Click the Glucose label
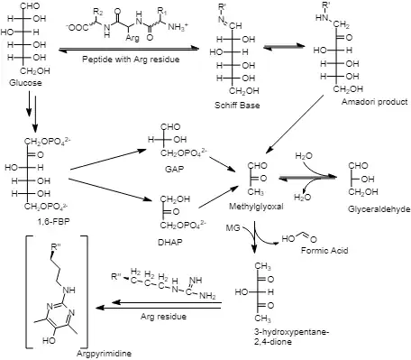tap(25, 83)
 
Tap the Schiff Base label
tap(237, 106)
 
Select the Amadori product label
tap(375, 102)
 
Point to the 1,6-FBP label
tap(53, 222)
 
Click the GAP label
tap(175, 169)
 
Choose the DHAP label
tap(170, 242)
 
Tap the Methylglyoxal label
tap(256, 207)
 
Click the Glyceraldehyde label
tap(379, 209)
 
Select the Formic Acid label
tap(324, 250)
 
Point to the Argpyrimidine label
tap(104, 353)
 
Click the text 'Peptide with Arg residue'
tap(131, 59)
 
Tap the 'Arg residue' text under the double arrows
tap(163, 317)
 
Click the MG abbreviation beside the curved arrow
tap(233, 228)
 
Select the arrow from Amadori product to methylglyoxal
tap(296, 123)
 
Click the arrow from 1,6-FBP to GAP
tap(108, 160)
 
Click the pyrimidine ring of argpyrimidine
tap(60, 316)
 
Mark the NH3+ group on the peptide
tap(178, 27)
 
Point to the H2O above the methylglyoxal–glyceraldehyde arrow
tap(304, 156)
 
